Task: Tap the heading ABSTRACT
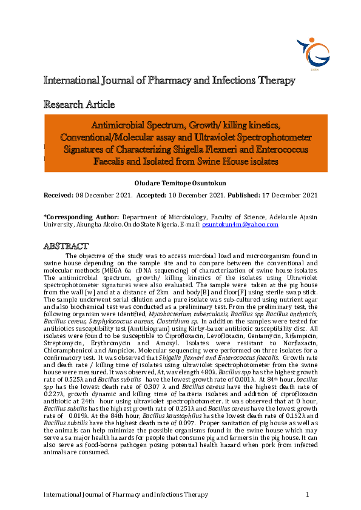(x=66, y=246)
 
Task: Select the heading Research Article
(x=78, y=104)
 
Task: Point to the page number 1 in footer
(x=308, y=495)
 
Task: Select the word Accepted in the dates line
(x=152, y=195)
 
